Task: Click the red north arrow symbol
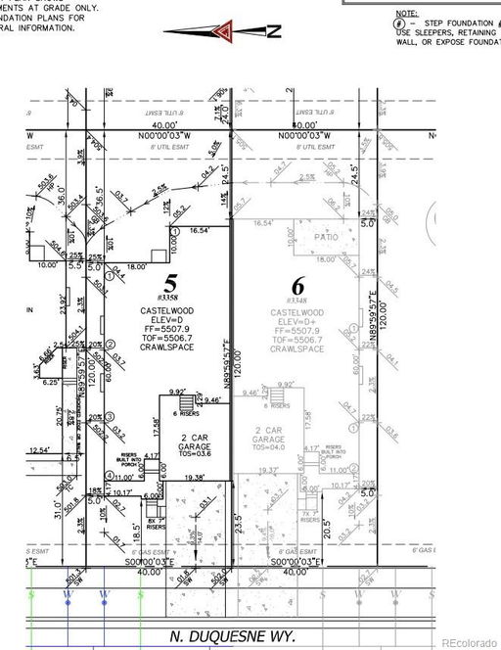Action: pyautogui.click(x=228, y=30)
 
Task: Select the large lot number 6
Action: pyautogui.click(x=297, y=286)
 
